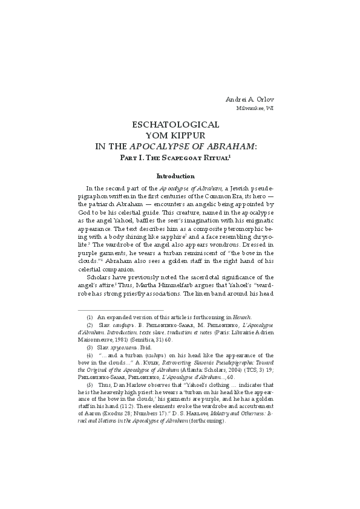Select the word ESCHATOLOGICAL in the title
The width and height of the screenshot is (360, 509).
coord(175,125)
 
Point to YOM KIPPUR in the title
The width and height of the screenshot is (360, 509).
coord(175,135)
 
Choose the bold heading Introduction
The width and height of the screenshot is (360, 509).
coord(175,176)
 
